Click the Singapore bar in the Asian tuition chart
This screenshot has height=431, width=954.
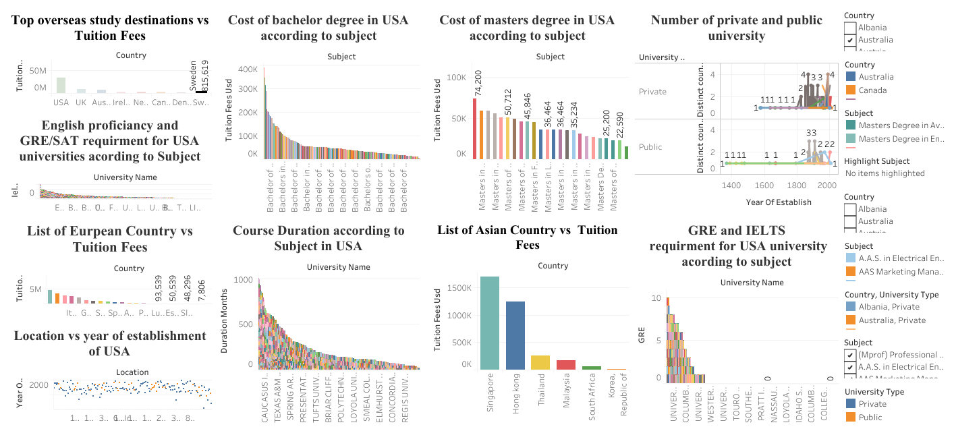(490, 323)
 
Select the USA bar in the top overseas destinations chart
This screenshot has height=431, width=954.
(61, 84)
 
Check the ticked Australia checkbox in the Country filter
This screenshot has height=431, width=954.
(850, 40)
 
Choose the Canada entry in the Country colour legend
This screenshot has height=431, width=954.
(872, 90)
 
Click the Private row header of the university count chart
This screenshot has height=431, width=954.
(652, 92)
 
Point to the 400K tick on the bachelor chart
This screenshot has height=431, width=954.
(248, 69)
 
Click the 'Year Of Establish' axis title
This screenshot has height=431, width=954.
(779, 202)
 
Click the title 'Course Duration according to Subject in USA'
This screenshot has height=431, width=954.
(319, 238)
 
